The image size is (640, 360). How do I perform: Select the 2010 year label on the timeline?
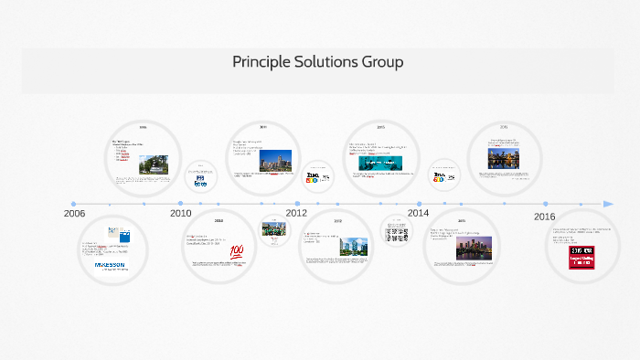point(181,213)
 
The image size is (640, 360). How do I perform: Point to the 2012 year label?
point(296,213)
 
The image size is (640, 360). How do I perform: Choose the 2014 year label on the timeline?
point(418,213)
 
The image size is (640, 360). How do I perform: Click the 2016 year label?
point(544,216)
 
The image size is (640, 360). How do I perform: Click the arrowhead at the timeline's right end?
point(608,204)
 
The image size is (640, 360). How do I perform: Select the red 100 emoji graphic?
point(237,250)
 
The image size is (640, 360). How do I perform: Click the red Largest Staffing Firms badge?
point(581,258)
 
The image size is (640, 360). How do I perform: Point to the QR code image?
point(396,232)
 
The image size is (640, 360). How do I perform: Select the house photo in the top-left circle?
point(154,164)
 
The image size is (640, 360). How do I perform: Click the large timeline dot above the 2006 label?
point(74,204)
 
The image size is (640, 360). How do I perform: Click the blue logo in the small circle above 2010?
point(201,180)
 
